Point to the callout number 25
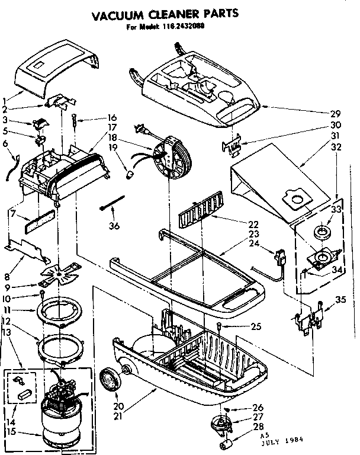click(256, 326)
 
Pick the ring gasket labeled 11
click(61, 310)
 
